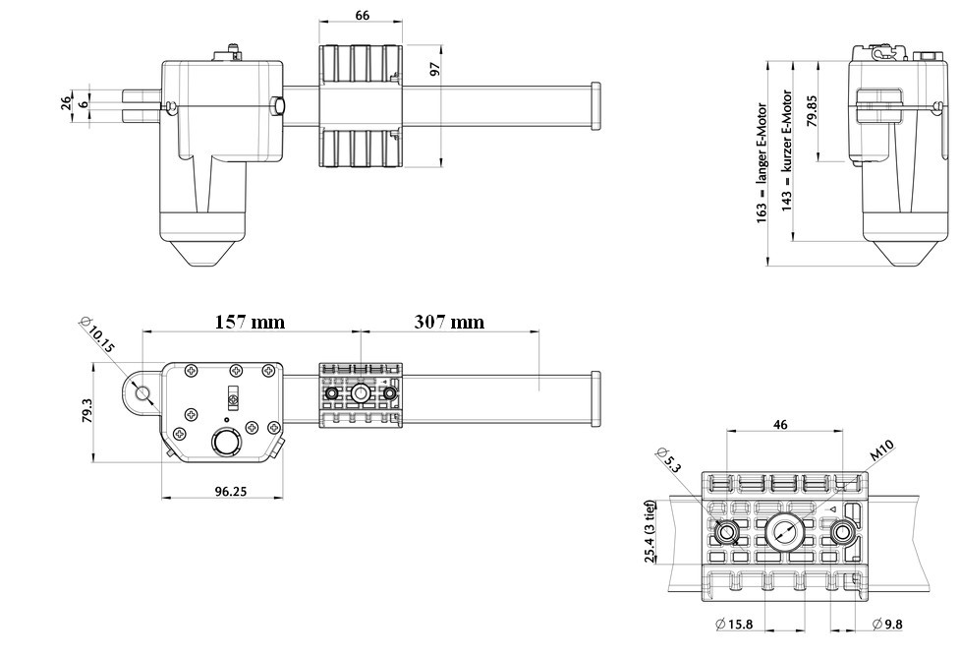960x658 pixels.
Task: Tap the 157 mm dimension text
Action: click(x=250, y=322)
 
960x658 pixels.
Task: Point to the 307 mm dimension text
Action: click(x=448, y=322)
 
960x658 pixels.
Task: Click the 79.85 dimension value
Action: click(x=812, y=109)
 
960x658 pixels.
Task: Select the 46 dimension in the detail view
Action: click(x=782, y=424)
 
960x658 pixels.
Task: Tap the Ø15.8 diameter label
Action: click(x=735, y=624)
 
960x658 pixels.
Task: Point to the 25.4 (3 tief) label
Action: click(x=650, y=532)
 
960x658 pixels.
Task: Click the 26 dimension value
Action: click(x=65, y=102)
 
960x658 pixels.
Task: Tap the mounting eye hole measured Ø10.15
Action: click(x=143, y=393)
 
